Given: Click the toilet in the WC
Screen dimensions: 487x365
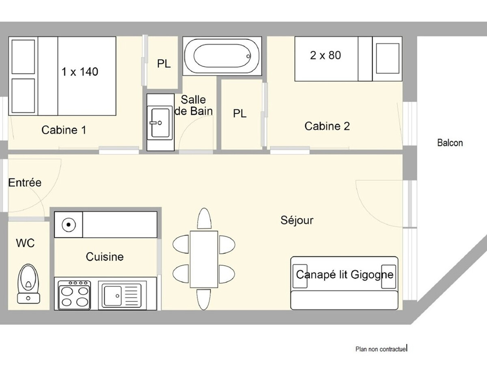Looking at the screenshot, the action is [29, 283].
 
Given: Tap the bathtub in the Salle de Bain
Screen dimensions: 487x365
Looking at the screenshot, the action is [222, 56].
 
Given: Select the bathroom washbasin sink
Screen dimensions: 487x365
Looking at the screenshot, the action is [160, 122].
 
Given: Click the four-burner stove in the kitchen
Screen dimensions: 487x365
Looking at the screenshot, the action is [74, 295].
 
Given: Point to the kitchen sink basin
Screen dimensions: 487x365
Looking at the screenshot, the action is [113, 296].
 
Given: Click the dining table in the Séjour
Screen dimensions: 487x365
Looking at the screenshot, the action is [204, 259].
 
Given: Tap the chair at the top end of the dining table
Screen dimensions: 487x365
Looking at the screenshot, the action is [204, 219].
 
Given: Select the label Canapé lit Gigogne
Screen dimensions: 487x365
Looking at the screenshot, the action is [345, 275].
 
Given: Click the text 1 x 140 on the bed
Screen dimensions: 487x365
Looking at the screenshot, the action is [80, 72].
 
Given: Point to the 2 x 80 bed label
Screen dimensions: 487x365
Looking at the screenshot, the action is [325, 55].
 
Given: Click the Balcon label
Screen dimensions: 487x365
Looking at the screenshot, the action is [450, 143].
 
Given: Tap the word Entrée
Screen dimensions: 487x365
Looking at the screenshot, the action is [25, 182].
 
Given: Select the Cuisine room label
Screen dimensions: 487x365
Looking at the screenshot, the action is [105, 257].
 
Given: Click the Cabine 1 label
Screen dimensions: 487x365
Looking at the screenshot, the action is [64, 130].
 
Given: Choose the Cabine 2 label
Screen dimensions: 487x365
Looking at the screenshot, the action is [327, 126].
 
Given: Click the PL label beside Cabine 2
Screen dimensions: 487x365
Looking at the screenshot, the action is [239, 114].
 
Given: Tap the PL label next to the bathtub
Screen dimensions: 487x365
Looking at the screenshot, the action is [164, 64].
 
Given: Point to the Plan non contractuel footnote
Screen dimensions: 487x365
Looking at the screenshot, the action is [381, 349].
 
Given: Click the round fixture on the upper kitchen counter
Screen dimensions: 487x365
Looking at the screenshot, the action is [69, 225].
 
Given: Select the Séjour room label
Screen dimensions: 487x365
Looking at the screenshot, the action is [297, 220].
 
